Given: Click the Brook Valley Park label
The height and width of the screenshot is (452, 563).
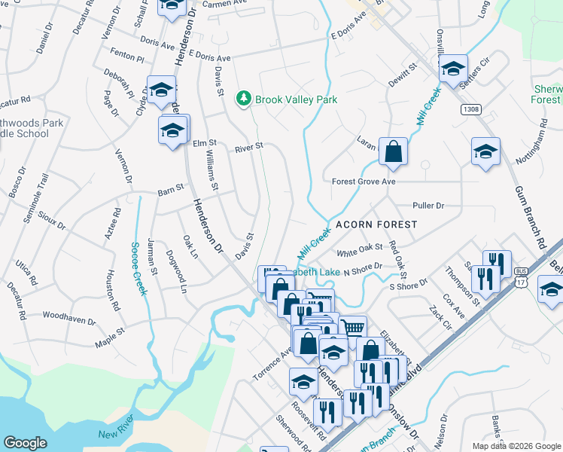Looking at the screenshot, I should [x=296, y=99].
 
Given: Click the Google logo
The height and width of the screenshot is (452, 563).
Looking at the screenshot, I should [x=25, y=443].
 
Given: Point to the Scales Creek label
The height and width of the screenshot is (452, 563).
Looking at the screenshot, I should [x=138, y=268].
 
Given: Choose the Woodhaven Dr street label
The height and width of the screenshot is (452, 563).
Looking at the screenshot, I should [x=69, y=317].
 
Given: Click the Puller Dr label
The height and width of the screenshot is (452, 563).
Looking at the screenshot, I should [x=429, y=205].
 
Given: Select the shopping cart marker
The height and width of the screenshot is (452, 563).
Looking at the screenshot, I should [x=352, y=327].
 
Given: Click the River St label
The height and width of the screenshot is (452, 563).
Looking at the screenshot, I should [x=248, y=148].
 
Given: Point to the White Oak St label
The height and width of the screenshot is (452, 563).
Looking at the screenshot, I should [x=361, y=249].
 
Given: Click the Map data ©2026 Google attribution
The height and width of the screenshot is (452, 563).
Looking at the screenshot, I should [x=516, y=446].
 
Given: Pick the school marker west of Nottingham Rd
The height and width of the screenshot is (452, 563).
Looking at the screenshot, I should [x=485, y=151].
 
